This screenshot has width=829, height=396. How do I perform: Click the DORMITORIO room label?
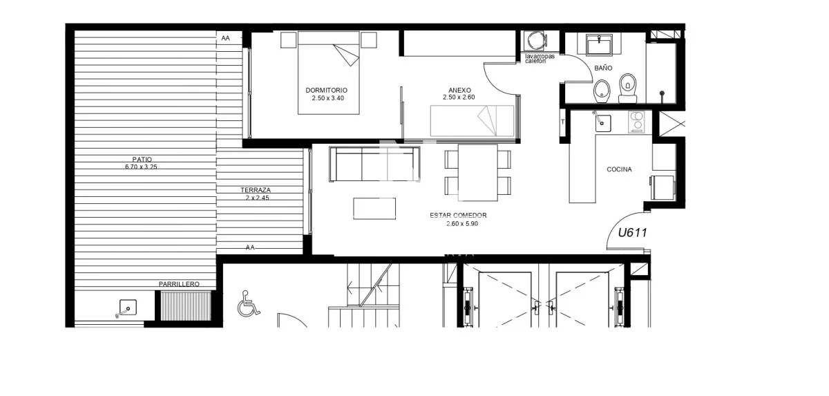(x=326, y=90)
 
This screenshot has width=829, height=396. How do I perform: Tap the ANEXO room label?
(x=459, y=90)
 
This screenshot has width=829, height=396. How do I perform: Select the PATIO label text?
(x=142, y=159)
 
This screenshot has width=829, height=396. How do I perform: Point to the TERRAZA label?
(x=256, y=190)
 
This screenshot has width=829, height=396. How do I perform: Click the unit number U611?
(x=633, y=232)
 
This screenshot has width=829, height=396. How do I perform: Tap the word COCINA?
(x=619, y=169)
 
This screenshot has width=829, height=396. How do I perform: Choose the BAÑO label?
(x=603, y=68)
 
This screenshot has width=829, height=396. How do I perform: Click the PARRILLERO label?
(x=179, y=284)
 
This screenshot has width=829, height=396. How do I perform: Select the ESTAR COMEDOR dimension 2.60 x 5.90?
(x=462, y=223)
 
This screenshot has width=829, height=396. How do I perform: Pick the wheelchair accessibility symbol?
(x=248, y=303)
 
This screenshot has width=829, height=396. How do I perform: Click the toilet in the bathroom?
(x=628, y=88)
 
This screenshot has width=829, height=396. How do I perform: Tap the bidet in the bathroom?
(x=602, y=91)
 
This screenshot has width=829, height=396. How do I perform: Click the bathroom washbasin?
(x=600, y=44)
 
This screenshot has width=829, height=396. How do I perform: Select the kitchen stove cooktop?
(x=637, y=122)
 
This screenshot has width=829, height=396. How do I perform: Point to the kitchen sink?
(x=602, y=123)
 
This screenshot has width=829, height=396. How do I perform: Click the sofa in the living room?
(x=374, y=164)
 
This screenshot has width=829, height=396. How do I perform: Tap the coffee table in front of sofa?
(x=374, y=208)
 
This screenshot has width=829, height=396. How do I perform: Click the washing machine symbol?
(x=536, y=40)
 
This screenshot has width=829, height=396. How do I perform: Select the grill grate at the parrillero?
(x=185, y=305)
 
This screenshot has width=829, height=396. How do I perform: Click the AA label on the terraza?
(x=250, y=247)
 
